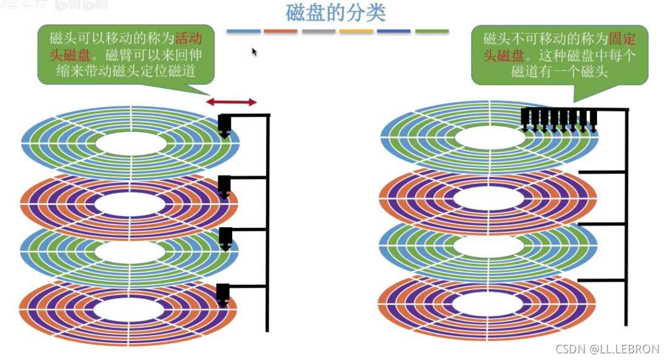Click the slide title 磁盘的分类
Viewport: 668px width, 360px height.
(335, 13)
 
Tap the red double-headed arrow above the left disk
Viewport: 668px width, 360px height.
(232, 102)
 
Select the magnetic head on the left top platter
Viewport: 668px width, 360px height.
(224, 125)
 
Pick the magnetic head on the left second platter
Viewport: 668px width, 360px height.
(224, 186)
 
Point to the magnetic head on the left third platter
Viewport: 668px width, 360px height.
(225, 238)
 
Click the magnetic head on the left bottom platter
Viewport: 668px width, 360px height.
(223, 294)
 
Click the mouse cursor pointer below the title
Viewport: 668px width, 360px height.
(255, 52)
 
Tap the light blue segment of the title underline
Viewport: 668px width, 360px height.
(244, 31)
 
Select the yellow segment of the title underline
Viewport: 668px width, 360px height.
(356, 31)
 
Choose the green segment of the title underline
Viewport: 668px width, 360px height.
(432, 31)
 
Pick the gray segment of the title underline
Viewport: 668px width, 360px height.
(319, 31)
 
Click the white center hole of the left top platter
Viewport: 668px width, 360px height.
(131, 143)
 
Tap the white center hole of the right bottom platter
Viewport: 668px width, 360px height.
(488, 302)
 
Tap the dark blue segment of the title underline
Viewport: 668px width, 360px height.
(394, 31)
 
